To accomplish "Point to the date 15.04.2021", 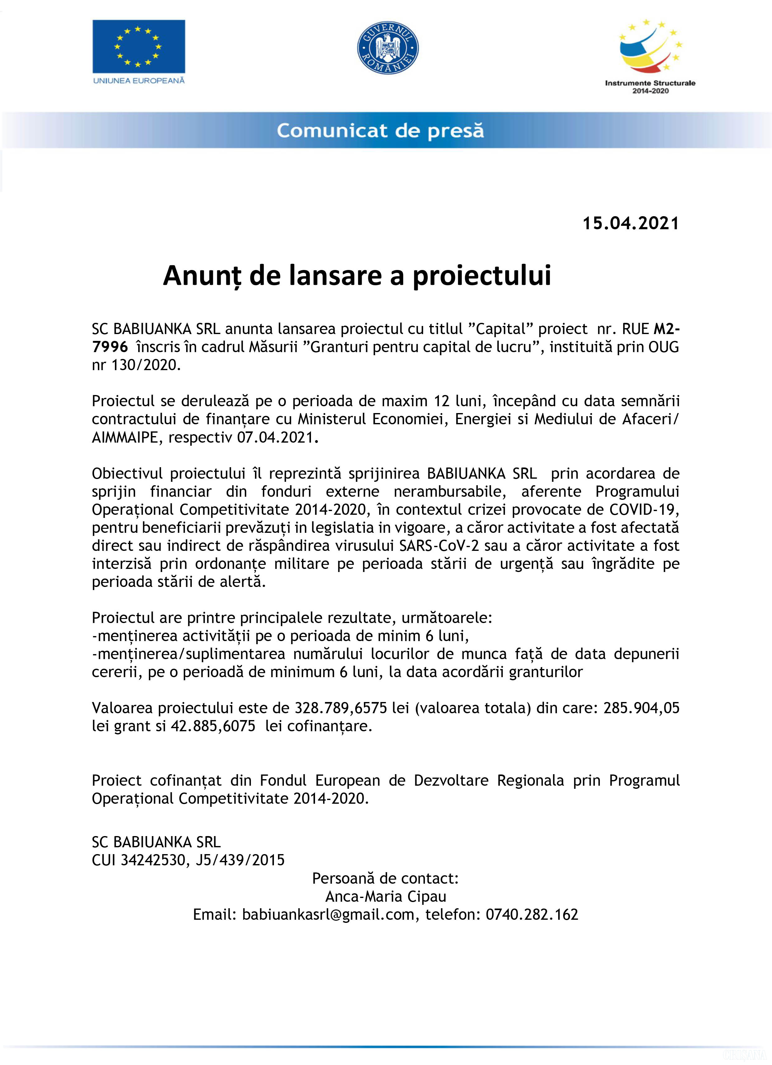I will click(631, 223).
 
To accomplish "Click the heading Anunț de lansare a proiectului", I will click(357, 275).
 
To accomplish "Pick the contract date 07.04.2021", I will click(275, 437).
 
